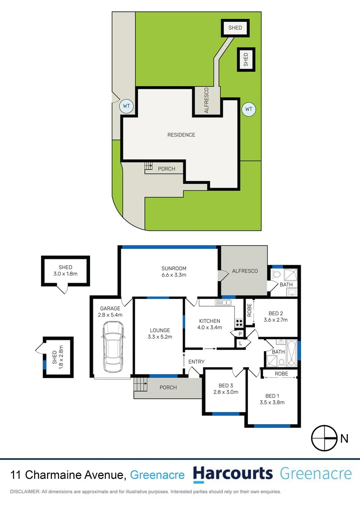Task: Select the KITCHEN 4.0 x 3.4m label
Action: [209, 324]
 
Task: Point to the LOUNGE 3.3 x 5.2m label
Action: [159, 333]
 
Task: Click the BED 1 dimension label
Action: [272, 402]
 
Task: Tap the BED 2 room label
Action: [275, 316]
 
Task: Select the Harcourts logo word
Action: [233, 474]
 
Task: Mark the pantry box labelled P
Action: [240, 334]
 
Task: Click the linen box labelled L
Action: [241, 344]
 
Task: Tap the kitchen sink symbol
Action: [221, 302]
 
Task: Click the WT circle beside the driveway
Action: [126, 106]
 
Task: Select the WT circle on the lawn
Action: [249, 109]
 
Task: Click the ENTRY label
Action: [196, 361]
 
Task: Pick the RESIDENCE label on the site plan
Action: [181, 135]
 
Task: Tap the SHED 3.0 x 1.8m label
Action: [65, 271]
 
